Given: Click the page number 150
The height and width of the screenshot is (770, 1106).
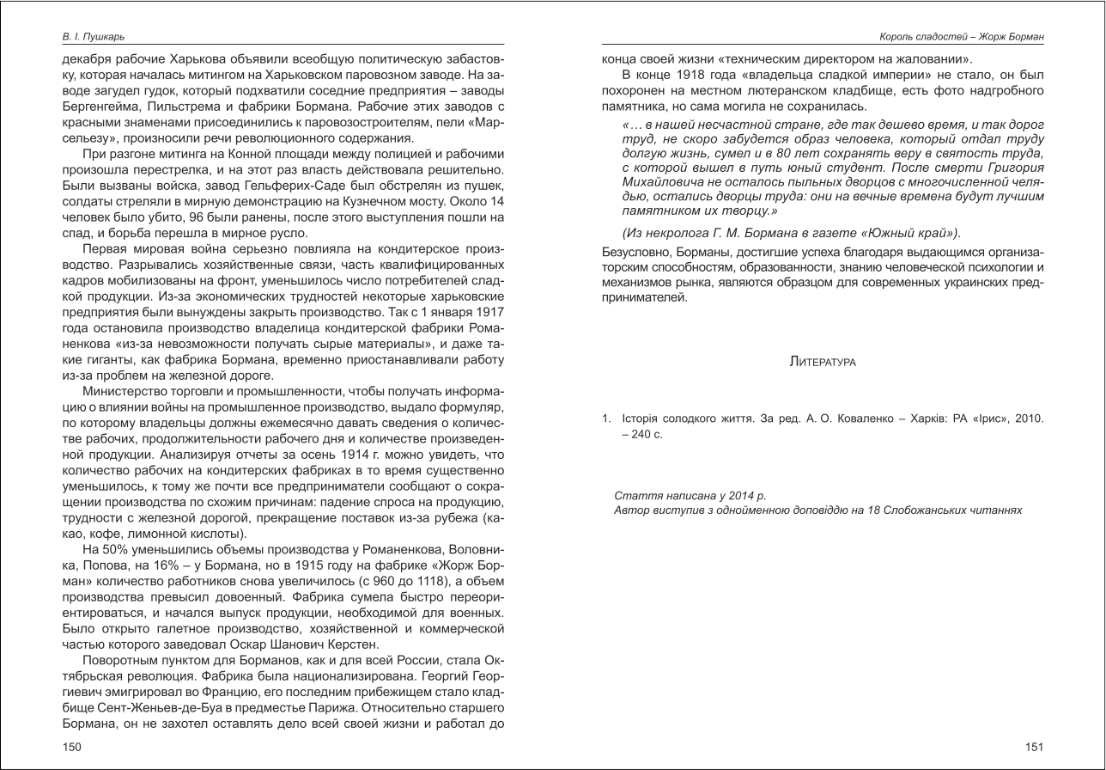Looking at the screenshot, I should [x=72, y=747].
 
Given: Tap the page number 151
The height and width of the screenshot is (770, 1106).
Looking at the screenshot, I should [x=1034, y=747].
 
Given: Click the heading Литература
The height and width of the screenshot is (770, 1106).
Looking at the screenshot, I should [x=822, y=362].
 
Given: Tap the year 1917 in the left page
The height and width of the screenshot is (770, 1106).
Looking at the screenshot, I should [x=488, y=312].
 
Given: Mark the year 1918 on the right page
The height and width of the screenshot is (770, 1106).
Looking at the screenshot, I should [x=694, y=76].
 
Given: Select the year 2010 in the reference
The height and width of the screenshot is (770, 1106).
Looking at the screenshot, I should [x=1028, y=419].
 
